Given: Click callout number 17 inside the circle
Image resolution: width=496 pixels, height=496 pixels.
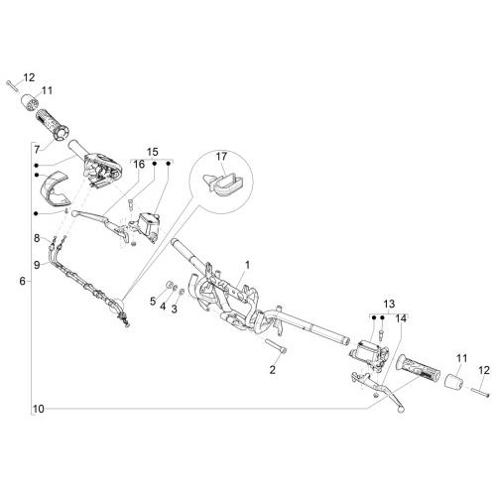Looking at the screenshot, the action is (221, 156).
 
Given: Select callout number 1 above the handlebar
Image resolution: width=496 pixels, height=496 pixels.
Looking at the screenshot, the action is (247, 265).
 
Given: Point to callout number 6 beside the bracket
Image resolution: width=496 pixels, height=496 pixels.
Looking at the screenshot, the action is (22, 281).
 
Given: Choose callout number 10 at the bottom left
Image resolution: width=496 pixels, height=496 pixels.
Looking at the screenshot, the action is (39, 409).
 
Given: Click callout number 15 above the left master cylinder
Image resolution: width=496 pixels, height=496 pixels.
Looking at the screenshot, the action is (153, 152).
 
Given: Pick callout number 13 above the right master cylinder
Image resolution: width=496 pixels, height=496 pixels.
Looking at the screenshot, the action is (389, 304).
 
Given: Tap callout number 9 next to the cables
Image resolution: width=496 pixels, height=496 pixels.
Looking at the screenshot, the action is (37, 265).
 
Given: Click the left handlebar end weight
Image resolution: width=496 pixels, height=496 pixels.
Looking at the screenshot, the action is (30, 101).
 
